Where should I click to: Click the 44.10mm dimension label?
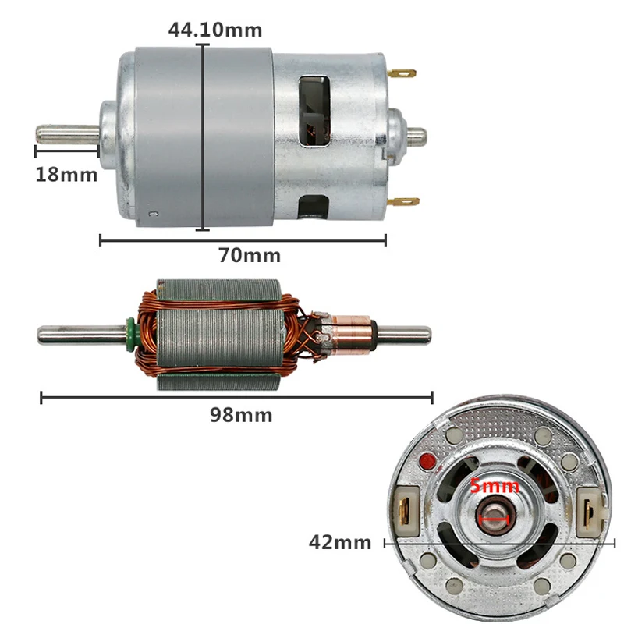pyautogui.click(x=215, y=30)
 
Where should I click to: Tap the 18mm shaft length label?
pyautogui.click(x=66, y=174)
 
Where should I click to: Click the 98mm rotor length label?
pyautogui.click(x=241, y=415)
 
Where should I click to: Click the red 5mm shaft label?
pyautogui.click(x=494, y=486)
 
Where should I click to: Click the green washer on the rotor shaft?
pyautogui.click(x=126, y=333)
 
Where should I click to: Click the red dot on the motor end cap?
pyautogui.click(x=427, y=462)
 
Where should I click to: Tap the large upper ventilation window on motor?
pyautogui.click(x=314, y=109)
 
